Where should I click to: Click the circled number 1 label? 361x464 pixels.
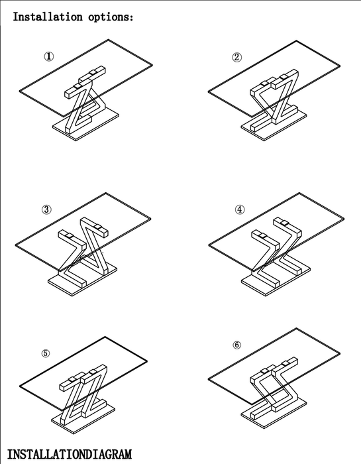click(49, 56)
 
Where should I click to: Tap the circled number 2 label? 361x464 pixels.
click(236, 57)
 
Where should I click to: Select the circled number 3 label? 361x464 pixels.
click(46, 210)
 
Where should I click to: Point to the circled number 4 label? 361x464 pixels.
click(240, 210)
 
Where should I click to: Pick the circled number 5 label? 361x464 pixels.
click(46, 353)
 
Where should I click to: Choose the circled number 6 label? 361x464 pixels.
click(237, 345)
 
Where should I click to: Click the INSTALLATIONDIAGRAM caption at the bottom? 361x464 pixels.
click(69, 454)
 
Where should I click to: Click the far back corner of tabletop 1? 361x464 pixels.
click(108, 39)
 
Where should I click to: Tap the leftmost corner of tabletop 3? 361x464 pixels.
click(16, 245)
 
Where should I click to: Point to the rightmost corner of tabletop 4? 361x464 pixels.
click(344, 219)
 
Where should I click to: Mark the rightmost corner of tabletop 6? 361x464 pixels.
click(340, 353)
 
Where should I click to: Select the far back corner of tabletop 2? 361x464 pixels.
click(296, 41)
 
